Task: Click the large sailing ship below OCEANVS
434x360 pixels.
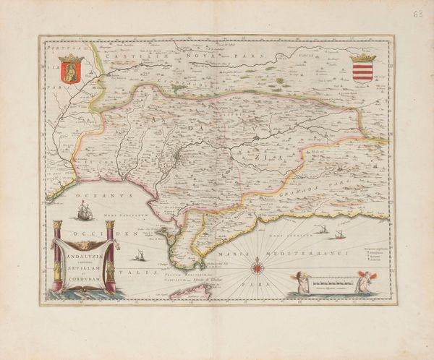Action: pyautogui.click(x=85, y=212)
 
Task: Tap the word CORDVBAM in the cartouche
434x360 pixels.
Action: pyautogui.click(x=80, y=280)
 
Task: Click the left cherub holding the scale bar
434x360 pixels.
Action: pyautogui.click(x=297, y=281)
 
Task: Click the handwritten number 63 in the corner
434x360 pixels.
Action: pyautogui.click(x=417, y=13)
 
